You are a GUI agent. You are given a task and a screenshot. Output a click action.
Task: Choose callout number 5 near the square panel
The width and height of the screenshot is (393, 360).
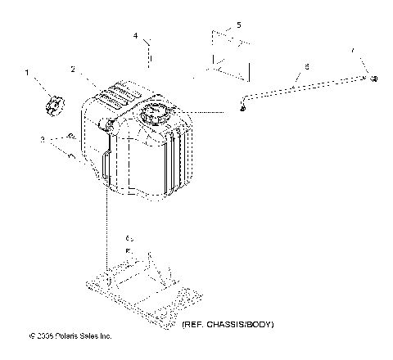tap(238, 26)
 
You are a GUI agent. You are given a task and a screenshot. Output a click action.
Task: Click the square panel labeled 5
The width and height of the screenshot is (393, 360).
tap(227, 55)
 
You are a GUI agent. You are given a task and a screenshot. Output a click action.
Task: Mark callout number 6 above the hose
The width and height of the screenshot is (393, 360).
tap(306, 65)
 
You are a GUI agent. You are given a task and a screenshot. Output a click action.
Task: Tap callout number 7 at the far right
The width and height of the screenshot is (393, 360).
tap(355, 51)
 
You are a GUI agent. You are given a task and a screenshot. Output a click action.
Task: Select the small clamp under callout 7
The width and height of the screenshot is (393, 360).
tap(373, 78)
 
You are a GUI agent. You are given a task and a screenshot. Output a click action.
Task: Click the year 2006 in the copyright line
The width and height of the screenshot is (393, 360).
tap(42, 335)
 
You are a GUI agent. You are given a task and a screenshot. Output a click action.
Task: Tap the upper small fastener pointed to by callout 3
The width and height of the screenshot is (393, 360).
tap(71, 135)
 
